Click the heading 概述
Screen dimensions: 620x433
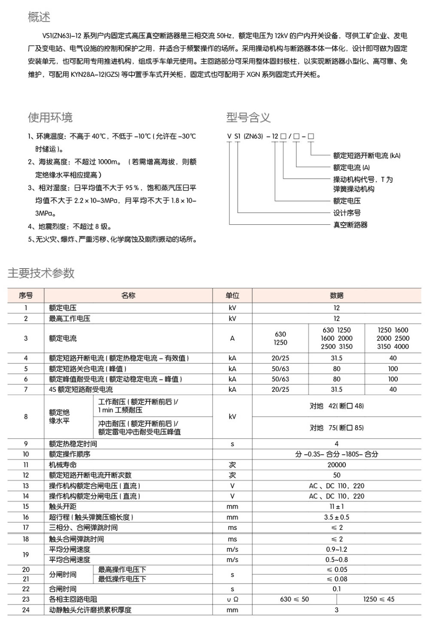[39, 17]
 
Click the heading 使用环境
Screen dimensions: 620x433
[50, 117]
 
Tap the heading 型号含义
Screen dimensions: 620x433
[248, 117]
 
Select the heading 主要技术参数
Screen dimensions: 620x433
[41, 273]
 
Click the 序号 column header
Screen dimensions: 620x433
[26, 295]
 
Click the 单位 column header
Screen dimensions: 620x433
[232, 295]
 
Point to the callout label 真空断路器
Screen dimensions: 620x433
[350, 224]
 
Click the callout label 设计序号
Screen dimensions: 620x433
[347, 213]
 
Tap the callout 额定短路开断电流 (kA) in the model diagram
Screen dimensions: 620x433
[366, 155]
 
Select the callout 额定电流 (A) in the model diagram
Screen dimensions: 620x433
[351, 167]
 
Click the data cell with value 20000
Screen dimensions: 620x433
[336, 465]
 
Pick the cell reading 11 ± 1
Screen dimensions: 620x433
[336, 506]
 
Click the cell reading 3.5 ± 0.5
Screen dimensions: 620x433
[336, 517]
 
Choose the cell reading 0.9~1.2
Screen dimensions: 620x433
[336, 549]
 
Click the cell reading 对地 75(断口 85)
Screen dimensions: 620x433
[336, 428]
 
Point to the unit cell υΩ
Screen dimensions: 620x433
[232, 599]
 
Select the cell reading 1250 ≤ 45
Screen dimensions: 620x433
[378, 599]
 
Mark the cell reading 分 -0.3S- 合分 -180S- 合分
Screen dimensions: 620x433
[336, 454]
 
